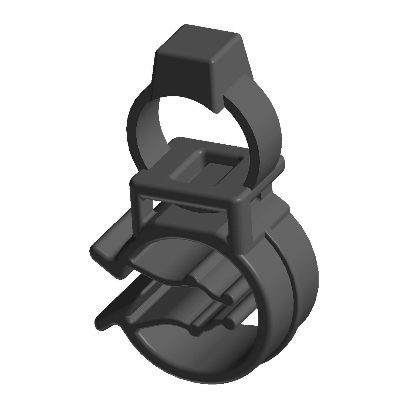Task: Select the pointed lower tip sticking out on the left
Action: tap(101, 324)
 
